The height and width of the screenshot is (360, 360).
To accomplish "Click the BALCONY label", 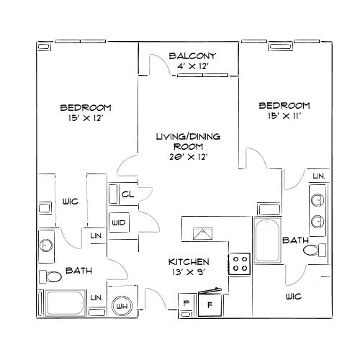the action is pos(192,56).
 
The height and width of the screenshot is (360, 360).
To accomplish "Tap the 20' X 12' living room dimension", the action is pos(189,157).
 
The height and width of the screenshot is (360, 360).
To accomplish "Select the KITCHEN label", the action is pos(189,261).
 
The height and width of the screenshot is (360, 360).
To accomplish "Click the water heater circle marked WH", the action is pos(122,306).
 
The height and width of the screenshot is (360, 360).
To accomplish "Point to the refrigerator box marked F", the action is pos(210,305).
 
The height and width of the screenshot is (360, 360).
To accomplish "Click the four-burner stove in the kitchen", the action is pos(240,264).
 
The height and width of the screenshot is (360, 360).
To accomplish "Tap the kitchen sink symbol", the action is pos(203,233).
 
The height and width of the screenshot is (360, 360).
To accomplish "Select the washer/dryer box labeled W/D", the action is pos(119,222).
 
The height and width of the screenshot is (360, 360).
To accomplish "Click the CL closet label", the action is pos(127,194).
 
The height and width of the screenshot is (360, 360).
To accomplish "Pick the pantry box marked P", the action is pos(186,303).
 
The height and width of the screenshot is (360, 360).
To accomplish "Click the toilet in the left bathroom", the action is pos(50,276).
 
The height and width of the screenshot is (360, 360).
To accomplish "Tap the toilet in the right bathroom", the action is pos(315,250).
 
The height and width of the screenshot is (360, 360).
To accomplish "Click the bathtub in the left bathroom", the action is pos(66,303).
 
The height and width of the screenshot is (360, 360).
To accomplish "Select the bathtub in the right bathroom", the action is pos(267,240).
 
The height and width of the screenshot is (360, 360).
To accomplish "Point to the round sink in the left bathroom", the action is pos(46,245).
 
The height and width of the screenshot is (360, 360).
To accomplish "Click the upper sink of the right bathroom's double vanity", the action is pos(318,200).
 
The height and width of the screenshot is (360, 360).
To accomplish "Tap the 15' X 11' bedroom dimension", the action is pos(284,116).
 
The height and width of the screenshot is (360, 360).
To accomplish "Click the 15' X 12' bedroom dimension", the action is pos(86,118).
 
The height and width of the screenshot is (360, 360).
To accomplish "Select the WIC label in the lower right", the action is pos(294,297).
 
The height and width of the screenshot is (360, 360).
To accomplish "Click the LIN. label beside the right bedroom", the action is pos(319,176).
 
